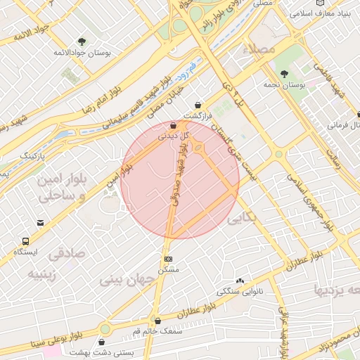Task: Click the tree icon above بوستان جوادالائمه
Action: pyautogui.click(x=82, y=41)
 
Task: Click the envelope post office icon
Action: pyautogui.click(x=41, y=223)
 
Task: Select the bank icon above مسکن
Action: pyautogui.click(x=167, y=259)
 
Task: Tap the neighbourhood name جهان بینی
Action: pyautogui.click(x=127, y=279)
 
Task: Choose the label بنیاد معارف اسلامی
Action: pyautogui.click(x=324, y=13)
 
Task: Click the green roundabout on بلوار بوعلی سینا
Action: pyautogui.click(x=105, y=328)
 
